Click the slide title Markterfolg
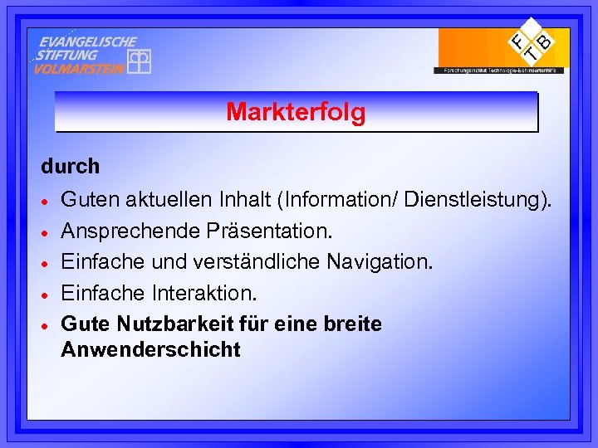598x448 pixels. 296,112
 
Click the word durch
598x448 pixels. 71,166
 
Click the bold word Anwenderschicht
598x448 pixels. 150,349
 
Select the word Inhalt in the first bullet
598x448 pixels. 244,200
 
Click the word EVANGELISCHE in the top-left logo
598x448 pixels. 88,41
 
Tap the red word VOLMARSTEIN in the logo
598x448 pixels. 79,69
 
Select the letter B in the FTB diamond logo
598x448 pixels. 544,39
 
